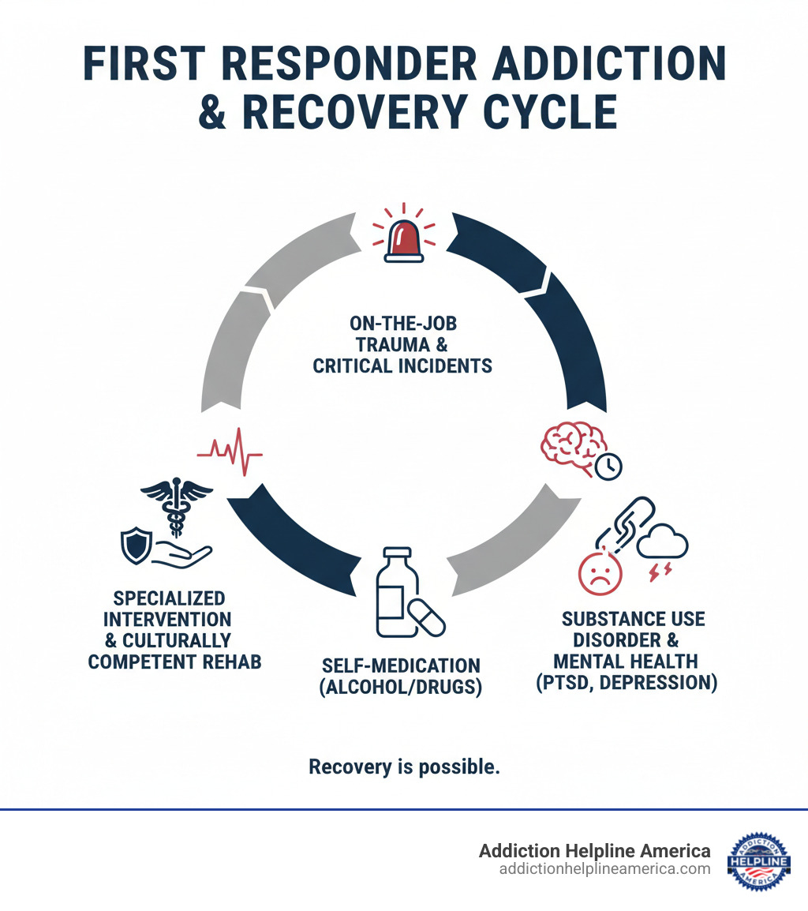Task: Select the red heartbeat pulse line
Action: click(230, 452)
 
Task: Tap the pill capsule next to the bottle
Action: click(425, 616)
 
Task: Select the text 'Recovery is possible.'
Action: click(404, 767)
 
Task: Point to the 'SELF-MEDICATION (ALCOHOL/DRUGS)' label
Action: click(400, 676)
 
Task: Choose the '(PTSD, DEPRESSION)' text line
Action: click(627, 683)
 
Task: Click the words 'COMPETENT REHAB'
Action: click(174, 661)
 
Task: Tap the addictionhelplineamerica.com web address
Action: click(604, 868)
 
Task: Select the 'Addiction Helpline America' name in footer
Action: click(594, 850)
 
